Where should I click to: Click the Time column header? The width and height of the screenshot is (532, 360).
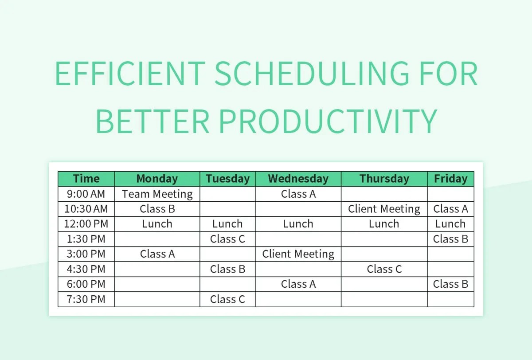pyautogui.click(x=86, y=179)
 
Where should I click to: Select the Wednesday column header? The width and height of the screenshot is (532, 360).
pyautogui.click(x=298, y=179)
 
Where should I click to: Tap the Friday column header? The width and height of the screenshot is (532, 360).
pyautogui.click(x=450, y=179)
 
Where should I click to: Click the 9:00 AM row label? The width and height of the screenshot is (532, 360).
pyautogui.click(x=86, y=194)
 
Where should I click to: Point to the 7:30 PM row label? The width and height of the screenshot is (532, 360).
pyautogui.click(x=86, y=299)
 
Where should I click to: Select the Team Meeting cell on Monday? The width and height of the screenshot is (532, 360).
pyautogui.click(x=157, y=194)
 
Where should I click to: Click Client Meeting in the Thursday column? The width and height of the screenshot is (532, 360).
pyautogui.click(x=384, y=209)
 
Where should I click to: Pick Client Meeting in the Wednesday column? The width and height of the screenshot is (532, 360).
pyautogui.click(x=298, y=254)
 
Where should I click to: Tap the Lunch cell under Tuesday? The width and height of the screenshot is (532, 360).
pyautogui.click(x=227, y=224)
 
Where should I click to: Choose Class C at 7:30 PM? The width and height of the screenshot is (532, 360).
pyautogui.click(x=227, y=299)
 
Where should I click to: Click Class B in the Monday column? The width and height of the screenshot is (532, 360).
pyautogui.click(x=157, y=209)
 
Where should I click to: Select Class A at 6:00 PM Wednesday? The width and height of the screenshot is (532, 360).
pyautogui.click(x=298, y=284)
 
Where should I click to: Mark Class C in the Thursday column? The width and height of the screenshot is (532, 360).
pyautogui.click(x=384, y=269)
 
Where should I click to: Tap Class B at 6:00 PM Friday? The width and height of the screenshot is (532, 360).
pyautogui.click(x=450, y=284)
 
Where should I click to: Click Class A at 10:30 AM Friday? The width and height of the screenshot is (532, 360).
pyautogui.click(x=450, y=209)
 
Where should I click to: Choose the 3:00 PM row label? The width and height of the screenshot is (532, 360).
pyautogui.click(x=86, y=254)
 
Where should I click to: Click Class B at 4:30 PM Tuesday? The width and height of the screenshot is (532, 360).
pyautogui.click(x=227, y=269)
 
